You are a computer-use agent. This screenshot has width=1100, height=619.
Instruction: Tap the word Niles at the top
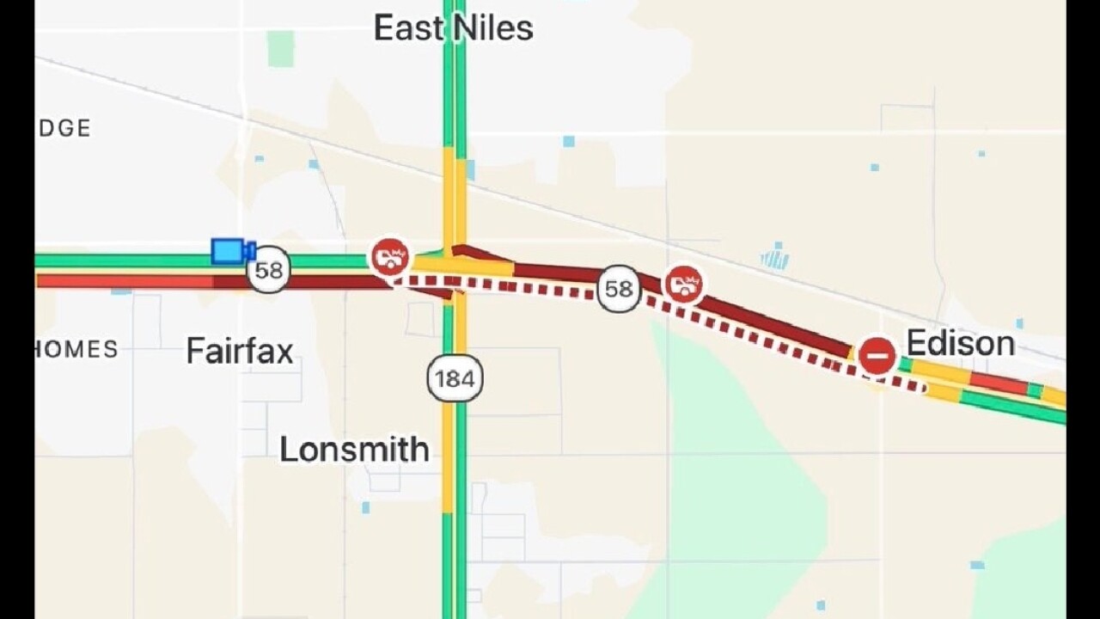[x=494, y=28]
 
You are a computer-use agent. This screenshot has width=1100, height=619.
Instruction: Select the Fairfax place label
[x=240, y=352]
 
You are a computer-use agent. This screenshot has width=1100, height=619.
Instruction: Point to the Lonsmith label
[x=354, y=450]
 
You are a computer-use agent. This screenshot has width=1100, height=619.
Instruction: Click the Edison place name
[x=960, y=344]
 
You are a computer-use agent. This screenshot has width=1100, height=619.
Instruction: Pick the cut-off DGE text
[x=64, y=128]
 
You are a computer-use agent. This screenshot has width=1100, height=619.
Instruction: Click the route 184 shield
[x=455, y=378]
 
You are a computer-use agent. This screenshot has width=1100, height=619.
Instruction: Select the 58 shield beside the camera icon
[x=268, y=271]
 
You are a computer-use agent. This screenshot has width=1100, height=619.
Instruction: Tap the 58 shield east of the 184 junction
[x=619, y=289]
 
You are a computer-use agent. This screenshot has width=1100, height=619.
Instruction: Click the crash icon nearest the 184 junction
[x=389, y=256]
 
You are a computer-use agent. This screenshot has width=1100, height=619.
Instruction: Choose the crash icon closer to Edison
[x=683, y=284]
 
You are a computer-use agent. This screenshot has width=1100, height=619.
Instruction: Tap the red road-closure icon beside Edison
[x=877, y=355]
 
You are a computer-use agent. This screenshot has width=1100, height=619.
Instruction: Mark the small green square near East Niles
[x=280, y=48]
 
